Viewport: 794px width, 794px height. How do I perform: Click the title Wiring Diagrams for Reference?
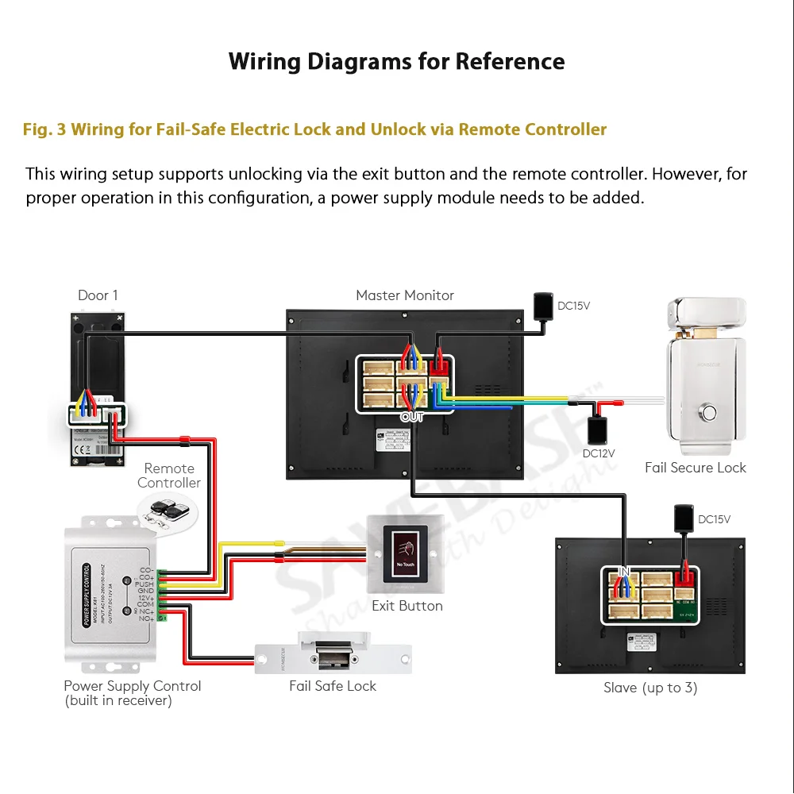point(396,61)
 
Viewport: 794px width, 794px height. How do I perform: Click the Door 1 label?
point(98,295)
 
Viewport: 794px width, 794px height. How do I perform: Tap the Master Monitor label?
point(405,295)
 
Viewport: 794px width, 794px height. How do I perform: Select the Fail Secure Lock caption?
point(696,468)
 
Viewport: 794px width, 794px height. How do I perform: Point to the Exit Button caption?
point(407,606)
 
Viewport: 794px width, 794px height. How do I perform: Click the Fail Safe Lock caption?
point(333,686)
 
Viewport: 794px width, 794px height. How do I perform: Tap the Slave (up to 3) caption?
point(650,688)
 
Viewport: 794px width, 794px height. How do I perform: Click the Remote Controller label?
point(169,476)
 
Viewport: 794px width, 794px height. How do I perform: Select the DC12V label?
point(599,453)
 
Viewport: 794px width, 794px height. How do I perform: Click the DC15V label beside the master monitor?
point(574,306)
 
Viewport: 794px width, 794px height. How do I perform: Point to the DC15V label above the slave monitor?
point(714,520)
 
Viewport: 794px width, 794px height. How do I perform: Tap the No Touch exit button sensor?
point(405,553)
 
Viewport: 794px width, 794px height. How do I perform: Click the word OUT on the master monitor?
point(412,417)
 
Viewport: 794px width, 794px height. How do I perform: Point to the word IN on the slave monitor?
point(624,571)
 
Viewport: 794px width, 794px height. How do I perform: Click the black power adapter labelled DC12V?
point(597,430)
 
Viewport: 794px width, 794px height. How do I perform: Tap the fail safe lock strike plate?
point(333,653)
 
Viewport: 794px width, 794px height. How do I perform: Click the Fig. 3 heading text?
point(314,129)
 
